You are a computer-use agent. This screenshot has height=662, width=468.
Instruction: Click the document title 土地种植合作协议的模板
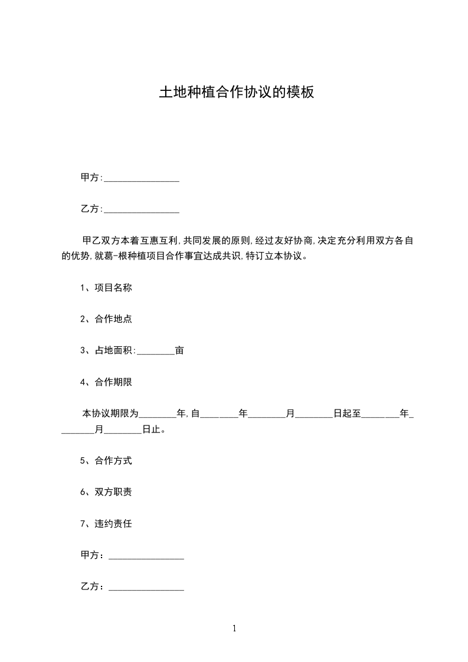pyautogui.click(x=236, y=93)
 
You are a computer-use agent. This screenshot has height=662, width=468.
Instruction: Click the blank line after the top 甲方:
pyautogui.click(x=142, y=178)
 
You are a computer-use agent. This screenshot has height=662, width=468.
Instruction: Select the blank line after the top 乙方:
pyautogui.click(x=142, y=209)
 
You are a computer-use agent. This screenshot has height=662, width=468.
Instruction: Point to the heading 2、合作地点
pyautogui.click(x=106, y=319)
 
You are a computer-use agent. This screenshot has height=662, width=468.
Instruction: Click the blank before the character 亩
pyautogui.click(x=156, y=351)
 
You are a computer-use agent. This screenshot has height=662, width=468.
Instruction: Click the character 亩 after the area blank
pyautogui.click(x=179, y=350)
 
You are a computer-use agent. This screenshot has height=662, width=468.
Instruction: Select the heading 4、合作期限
pyautogui.click(x=106, y=382)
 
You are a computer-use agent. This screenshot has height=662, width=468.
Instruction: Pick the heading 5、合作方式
pyautogui.click(x=106, y=461)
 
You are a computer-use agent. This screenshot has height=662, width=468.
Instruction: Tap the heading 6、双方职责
pyautogui.click(x=106, y=492)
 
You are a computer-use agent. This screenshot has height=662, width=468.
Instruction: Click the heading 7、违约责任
pyautogui.click(x=106, y=523)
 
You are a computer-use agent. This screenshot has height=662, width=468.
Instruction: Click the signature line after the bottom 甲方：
pyautogui.click(x=146, y=556)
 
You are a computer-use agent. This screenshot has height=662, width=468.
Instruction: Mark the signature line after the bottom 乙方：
pyautogui.click(x=146, y=588)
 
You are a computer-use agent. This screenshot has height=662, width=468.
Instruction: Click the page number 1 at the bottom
pyautogui.click(x=234, y=629)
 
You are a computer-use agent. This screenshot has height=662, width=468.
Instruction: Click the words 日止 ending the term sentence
pyautogui.click(x=151, y=430)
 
